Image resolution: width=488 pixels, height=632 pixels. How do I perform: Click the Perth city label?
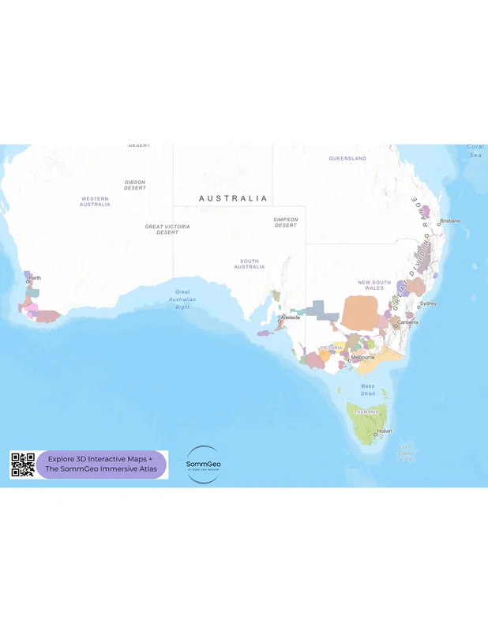click(35, 278)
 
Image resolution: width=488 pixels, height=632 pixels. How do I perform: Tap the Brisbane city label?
click(450, 221)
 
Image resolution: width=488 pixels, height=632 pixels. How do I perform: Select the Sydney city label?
click(428, 303)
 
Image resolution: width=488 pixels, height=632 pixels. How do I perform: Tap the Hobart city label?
click(384, 431)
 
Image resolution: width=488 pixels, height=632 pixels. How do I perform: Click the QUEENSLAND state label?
click(347, 159)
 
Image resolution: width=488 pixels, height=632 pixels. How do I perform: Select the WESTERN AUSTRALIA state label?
click(95, 201)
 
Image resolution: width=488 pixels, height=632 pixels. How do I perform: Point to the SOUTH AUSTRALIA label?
click(250, 264)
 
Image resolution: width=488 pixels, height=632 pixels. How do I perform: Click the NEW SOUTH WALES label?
click(374, 285)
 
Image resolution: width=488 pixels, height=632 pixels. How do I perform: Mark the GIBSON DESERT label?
click(135, 186)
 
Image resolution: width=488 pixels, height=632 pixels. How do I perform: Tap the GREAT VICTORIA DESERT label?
click(167, 229)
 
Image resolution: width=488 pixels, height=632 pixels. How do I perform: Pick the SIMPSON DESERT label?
click(286, 222)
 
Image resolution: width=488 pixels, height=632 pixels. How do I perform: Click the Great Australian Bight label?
click(182, 299)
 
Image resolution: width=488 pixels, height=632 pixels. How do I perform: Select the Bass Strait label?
click(368, 389)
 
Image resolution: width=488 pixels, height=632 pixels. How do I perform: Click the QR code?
click(23, 465)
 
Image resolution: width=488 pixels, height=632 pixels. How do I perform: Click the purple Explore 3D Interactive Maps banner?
click(102, 465)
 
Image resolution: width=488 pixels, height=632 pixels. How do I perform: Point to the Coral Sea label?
click(475, 151)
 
